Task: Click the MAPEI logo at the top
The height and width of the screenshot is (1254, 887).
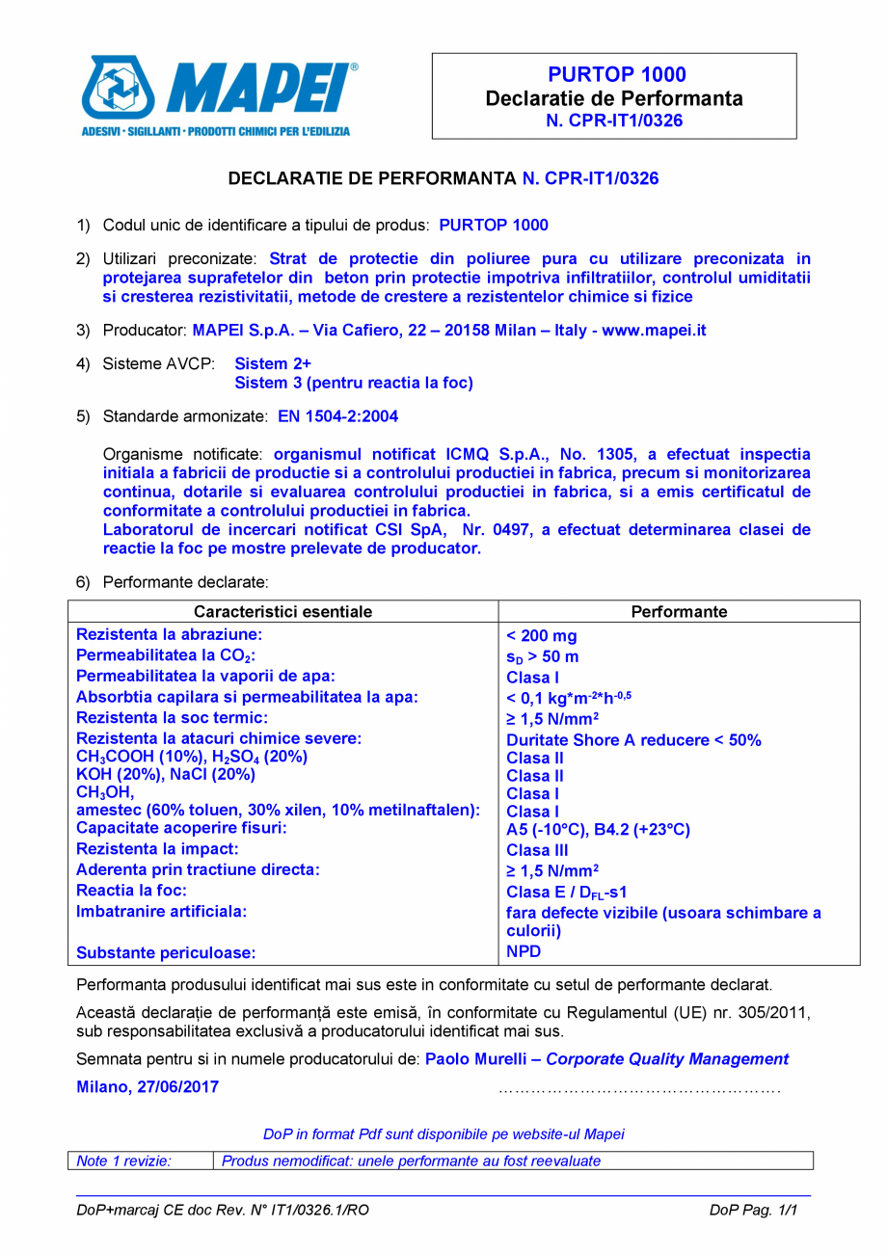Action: tap(217, 95)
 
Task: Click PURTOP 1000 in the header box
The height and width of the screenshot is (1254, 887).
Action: tap(616, 75)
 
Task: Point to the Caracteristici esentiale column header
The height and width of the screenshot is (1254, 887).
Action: tap(282, 612)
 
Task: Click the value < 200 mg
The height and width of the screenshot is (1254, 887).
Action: tap(542, 636)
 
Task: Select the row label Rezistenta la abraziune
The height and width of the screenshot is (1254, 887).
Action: tap(170, 634)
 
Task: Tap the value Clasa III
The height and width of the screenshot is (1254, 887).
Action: tap(537, 850)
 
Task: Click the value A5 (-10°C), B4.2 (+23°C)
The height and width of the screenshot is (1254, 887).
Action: tap(598, 830)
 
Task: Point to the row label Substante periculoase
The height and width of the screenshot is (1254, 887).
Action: tap(166, 953)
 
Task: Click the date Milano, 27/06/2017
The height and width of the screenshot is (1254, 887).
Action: tap(148, 1086)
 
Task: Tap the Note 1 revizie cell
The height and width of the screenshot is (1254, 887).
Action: tap(124, 1161)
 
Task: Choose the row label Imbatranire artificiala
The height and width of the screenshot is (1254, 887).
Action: tap(161, 910)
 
